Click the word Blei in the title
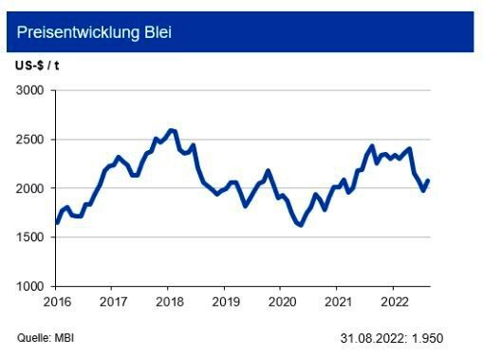pos(156,33)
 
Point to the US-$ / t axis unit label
pos(35,65)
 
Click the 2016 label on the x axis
pos(56,302)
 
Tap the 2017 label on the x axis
pos(112,302)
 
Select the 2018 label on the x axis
pos(168,302)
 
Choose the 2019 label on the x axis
pos(224,302)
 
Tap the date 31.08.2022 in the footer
pos(373,338)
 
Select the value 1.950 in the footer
pos(427,338)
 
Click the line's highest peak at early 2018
pos(172,130)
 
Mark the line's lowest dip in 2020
pos(300,225)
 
